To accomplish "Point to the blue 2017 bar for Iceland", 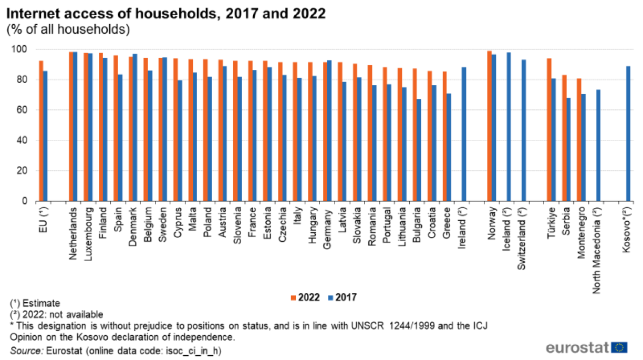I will [x=509, y=127].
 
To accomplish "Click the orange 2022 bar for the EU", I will [x=41, y=131].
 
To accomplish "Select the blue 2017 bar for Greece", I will [x=449, y=147].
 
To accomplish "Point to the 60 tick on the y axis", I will [x=26, y=110].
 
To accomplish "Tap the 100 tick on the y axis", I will [x=24, y=49].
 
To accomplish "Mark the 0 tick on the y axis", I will [x=29, y=201].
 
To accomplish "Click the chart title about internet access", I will [x=166, y=13].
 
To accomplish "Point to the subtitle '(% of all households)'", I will [x=68, y=29].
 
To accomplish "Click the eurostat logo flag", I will [x=619, y=347].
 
